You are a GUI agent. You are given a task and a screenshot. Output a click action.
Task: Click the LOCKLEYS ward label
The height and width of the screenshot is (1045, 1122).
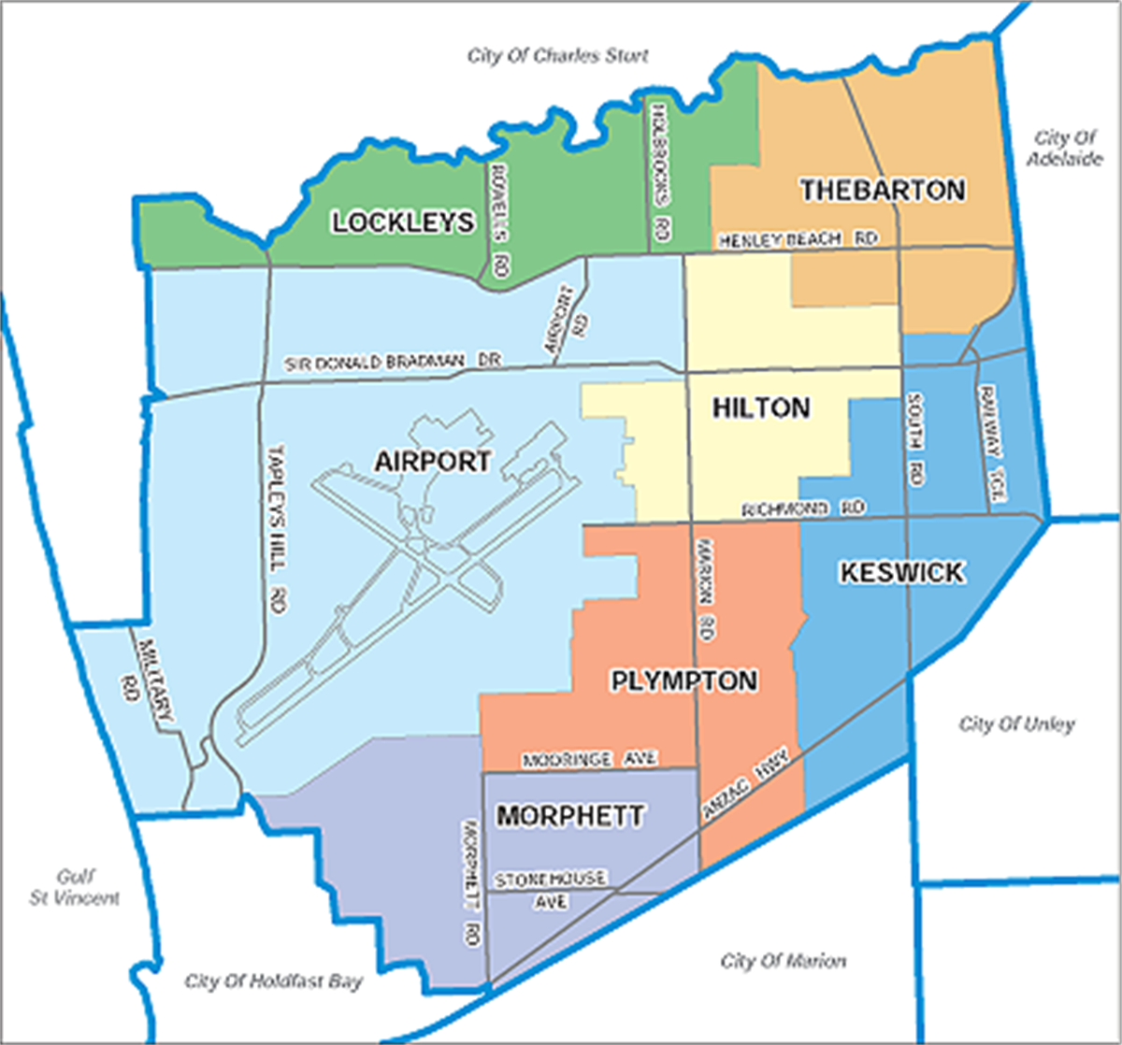pos(402,222)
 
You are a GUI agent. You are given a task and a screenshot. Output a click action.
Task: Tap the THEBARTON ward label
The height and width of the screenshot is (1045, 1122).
pos(883,191)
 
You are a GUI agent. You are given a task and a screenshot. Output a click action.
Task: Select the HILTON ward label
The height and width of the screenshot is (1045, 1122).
pos(760,408)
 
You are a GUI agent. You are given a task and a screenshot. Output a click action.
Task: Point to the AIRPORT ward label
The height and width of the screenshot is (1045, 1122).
pos(432,461)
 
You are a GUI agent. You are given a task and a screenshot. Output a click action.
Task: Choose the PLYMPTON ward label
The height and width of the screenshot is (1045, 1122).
pos(684,680)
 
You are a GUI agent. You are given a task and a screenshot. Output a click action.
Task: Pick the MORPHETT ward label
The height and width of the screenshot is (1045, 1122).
pos(569,816)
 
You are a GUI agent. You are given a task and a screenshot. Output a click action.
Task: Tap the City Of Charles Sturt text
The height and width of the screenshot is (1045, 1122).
pos(557,56)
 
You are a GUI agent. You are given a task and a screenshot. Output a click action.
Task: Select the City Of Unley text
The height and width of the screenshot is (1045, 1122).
pos(1017,724)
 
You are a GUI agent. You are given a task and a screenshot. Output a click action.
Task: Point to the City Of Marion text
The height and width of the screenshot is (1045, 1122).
pos(784,961)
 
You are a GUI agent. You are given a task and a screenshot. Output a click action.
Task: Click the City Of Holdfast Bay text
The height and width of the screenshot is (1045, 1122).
pos(273,981)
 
